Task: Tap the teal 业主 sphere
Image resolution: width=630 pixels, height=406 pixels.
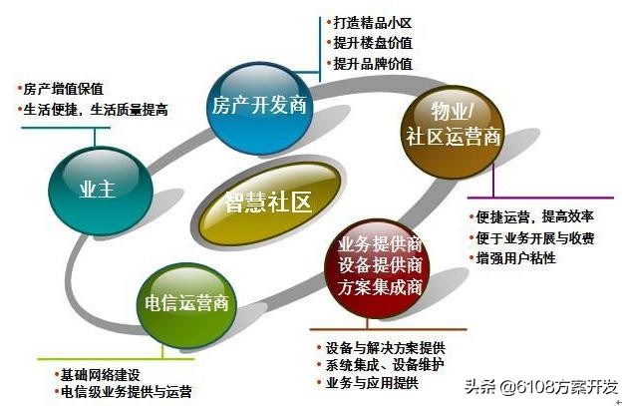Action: [x=98, y=190]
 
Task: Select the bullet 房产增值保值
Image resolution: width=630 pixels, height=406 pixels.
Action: [x=62, y=88]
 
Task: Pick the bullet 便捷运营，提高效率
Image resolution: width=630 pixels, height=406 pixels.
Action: [x=532, y=216]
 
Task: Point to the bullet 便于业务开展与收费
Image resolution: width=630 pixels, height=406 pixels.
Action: [x=532, y=237]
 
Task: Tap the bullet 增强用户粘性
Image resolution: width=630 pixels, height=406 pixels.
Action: [x=514, y=258]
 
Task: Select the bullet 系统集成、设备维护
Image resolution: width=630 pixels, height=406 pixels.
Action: [x=385, y=366]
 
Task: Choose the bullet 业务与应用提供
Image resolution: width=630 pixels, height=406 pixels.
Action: [x=371, y=384]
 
